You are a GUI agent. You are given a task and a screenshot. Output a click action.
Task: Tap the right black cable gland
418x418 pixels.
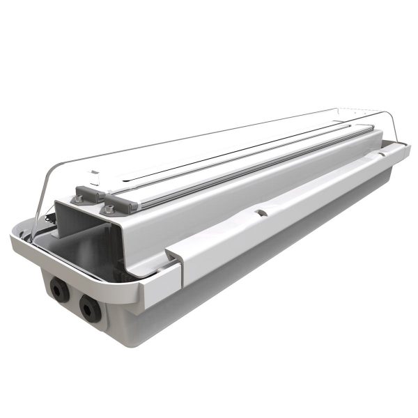coord(89,307)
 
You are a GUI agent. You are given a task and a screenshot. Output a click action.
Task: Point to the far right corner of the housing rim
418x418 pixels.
coord(406,148)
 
